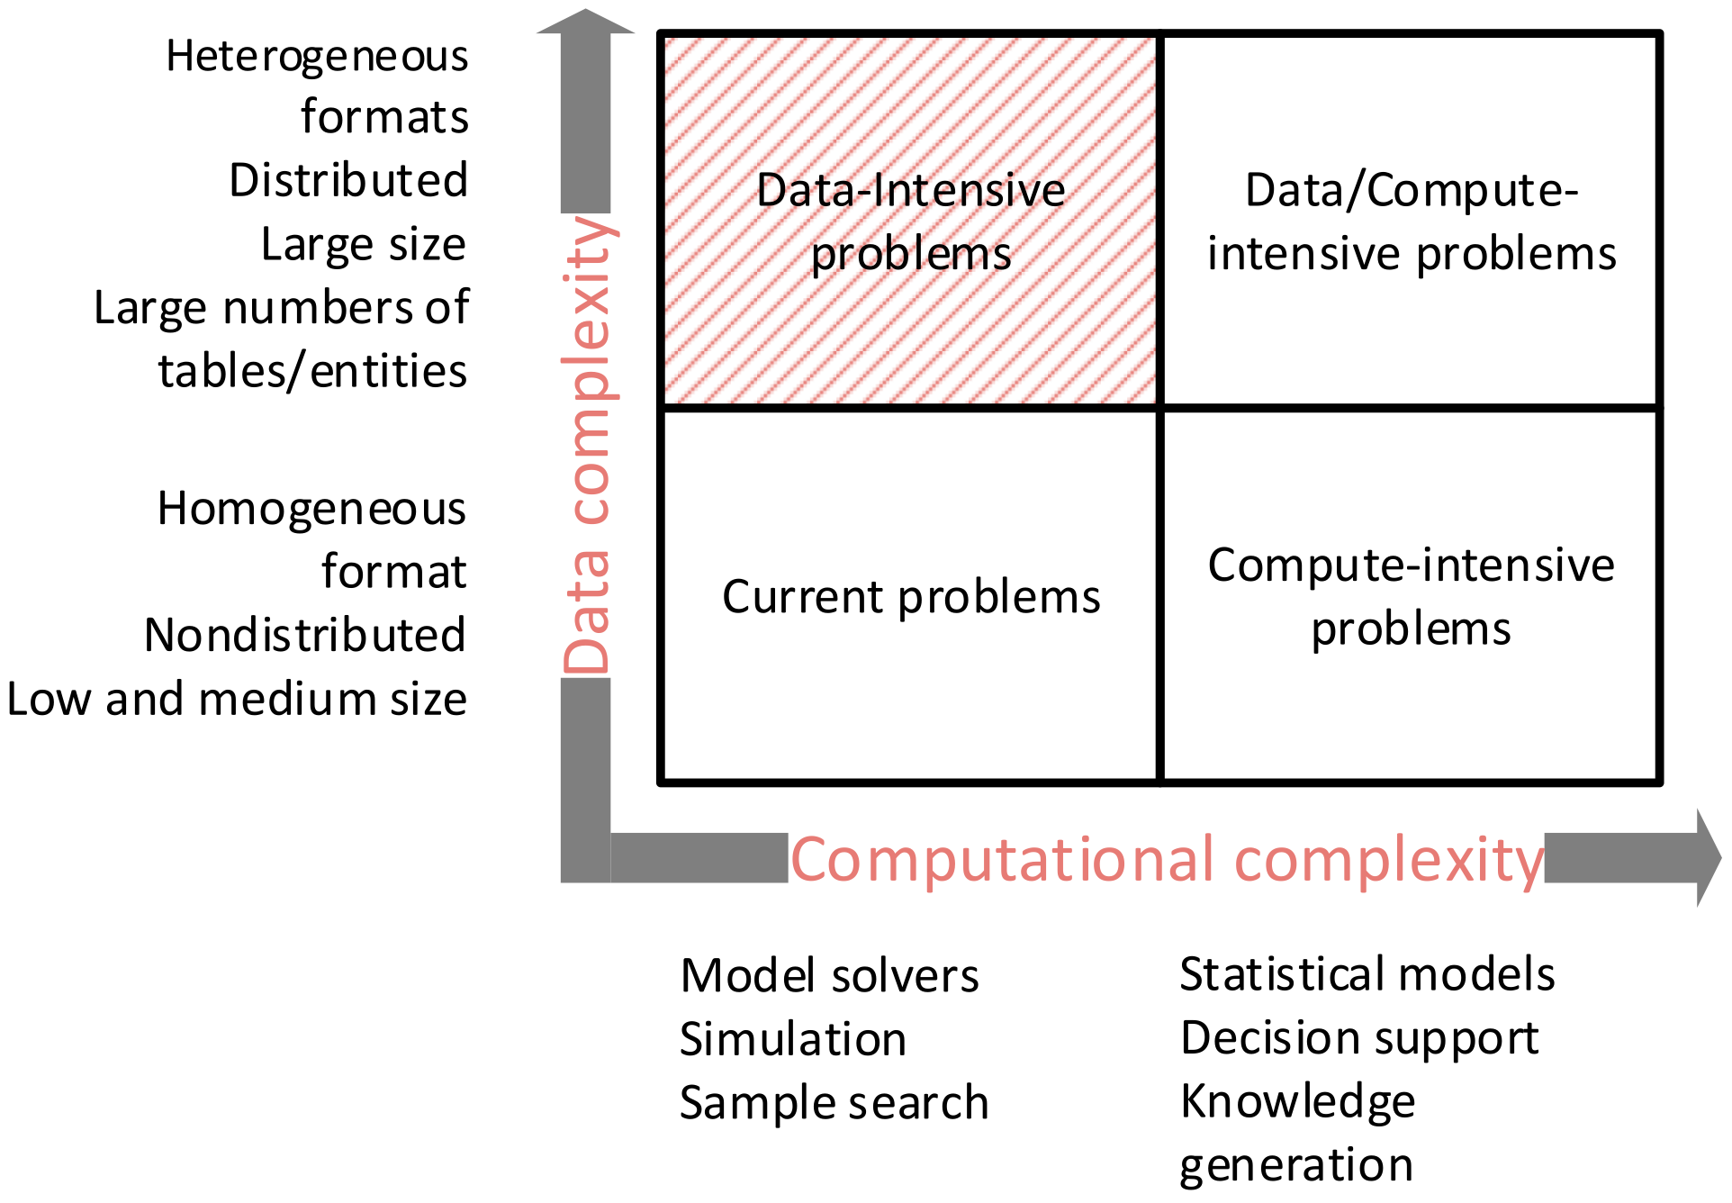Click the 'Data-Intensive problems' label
pos(911,222)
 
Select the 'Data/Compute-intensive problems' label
pos(1411,222)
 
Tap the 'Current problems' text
pos(911,597)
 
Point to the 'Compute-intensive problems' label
pos(1411,596)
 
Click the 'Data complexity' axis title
pos(586,446)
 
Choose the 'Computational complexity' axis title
pos(1168,860)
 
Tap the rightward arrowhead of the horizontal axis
pos(1708,857)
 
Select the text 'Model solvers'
pos(829,976)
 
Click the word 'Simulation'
pos(792,1040)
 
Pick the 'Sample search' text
pos(834,1103)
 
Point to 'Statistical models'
pos(1367,974)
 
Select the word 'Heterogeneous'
pos(317,57)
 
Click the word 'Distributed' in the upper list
pos(348,180)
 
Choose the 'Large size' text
pos(364,244)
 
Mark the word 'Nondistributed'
pos(305,636)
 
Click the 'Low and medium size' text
pos(237,700)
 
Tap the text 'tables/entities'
pos(312,371)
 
